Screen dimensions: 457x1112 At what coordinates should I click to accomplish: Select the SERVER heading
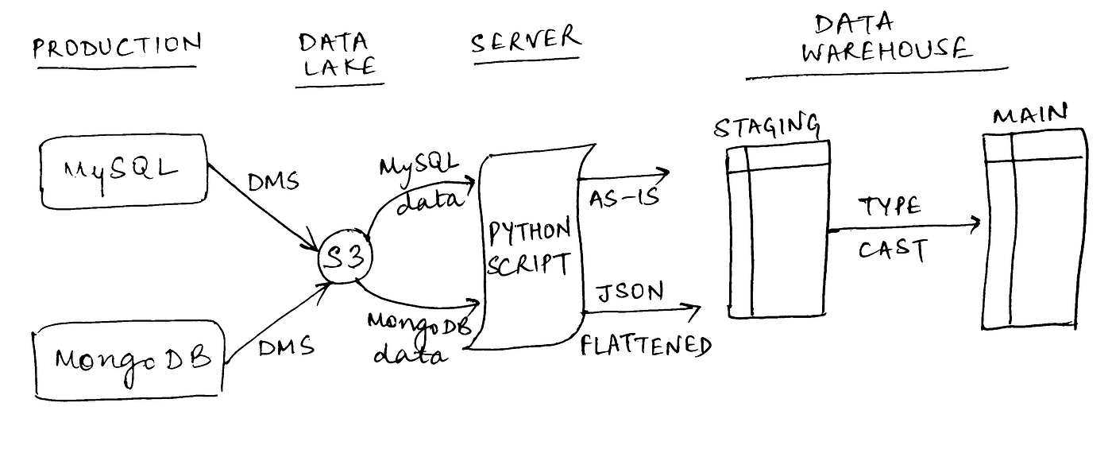tap(525, 39)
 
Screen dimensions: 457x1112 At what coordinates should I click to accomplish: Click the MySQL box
tap(123, 172)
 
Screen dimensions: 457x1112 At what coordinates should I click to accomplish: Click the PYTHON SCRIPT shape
tap(529, 247)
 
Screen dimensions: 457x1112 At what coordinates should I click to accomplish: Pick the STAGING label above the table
tap(766, 126)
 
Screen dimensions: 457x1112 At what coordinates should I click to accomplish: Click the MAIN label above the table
tap(1030, 116)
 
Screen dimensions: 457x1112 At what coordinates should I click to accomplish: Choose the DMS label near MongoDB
tap(286, 347)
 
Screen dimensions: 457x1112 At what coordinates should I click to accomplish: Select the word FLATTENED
tap(645, 346)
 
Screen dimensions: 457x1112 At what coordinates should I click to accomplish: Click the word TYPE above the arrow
tap(890, 207)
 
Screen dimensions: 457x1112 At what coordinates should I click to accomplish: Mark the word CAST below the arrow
tap(893, 250)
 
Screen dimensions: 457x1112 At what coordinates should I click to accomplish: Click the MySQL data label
tap(419, 182)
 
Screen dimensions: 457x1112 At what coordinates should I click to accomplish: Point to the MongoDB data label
tap(419, 338)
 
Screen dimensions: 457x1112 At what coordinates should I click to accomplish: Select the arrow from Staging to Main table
tap(905, 228)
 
